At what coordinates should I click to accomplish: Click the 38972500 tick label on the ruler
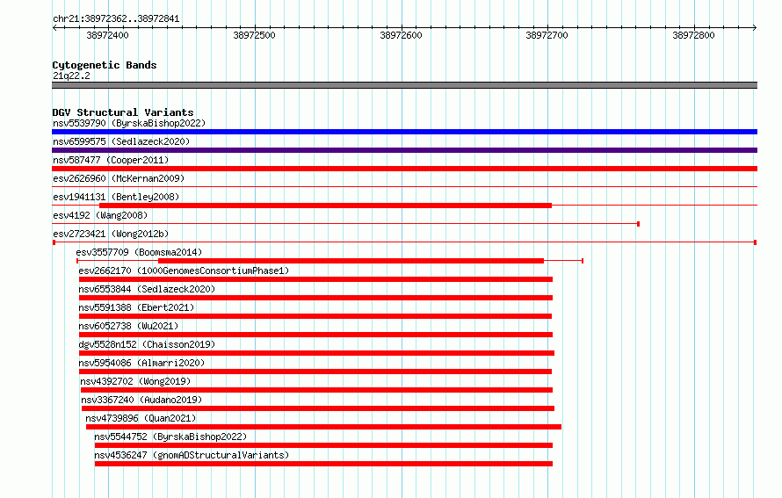[254, 35]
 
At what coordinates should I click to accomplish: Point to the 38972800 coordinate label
[693, 35]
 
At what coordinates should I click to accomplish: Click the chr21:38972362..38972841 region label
[116, 19]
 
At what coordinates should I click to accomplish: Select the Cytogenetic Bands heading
[105, 65]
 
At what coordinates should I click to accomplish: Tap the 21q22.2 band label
[71, 76]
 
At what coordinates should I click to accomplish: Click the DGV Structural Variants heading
[123, 112]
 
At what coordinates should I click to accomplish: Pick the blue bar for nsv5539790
[404, 132]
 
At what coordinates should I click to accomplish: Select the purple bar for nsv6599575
[404, 150]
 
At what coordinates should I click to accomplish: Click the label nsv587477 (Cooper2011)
[111, 160]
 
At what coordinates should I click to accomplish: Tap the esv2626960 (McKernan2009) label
[119, 178]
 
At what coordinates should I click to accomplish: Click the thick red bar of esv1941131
[326, 206]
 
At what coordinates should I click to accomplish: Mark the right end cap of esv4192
[639, 224]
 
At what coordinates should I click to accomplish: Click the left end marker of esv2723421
[54, 242]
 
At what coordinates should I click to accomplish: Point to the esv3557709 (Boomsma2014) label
[139, 252]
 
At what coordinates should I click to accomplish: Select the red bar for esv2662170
[315, 279]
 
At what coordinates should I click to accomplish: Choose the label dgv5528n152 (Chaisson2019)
[147, 344]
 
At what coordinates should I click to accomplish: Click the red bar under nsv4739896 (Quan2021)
[323, 427]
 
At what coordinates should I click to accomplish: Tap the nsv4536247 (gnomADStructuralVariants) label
[192, 455]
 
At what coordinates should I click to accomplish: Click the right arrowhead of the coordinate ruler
[755, 28]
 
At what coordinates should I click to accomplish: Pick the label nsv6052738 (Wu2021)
[128, 326]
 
